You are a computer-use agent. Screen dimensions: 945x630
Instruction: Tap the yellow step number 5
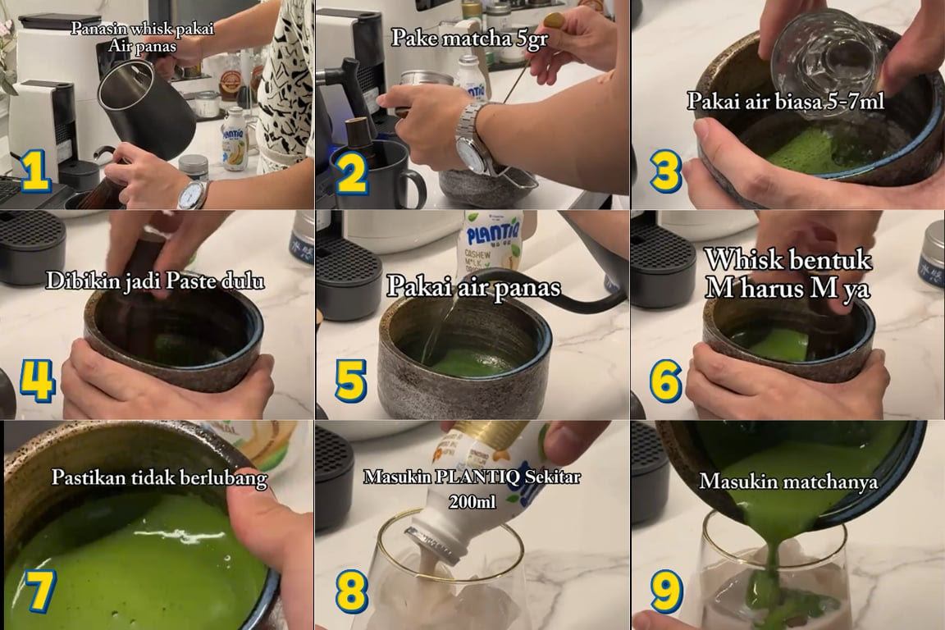pos(350,381)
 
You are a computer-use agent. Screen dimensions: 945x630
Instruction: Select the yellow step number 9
pos(666,591)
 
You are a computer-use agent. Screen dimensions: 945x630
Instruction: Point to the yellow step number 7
pos(39,590)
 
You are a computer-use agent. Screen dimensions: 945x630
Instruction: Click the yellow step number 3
pos(666,171)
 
